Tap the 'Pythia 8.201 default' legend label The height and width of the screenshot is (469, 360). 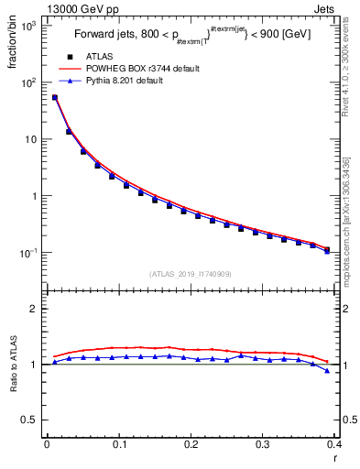click(127, 81)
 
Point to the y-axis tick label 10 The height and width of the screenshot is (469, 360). click(30, 139)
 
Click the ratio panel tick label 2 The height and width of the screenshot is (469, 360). click(33, 309)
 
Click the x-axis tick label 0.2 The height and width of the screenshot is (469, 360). click(191, 444)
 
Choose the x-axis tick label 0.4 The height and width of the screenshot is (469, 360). click(334, 444)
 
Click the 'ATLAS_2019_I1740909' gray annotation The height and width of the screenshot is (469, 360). click(190, 274)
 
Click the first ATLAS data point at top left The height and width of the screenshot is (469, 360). click(55, 97)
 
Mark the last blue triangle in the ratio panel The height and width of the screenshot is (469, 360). click(327, 371)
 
